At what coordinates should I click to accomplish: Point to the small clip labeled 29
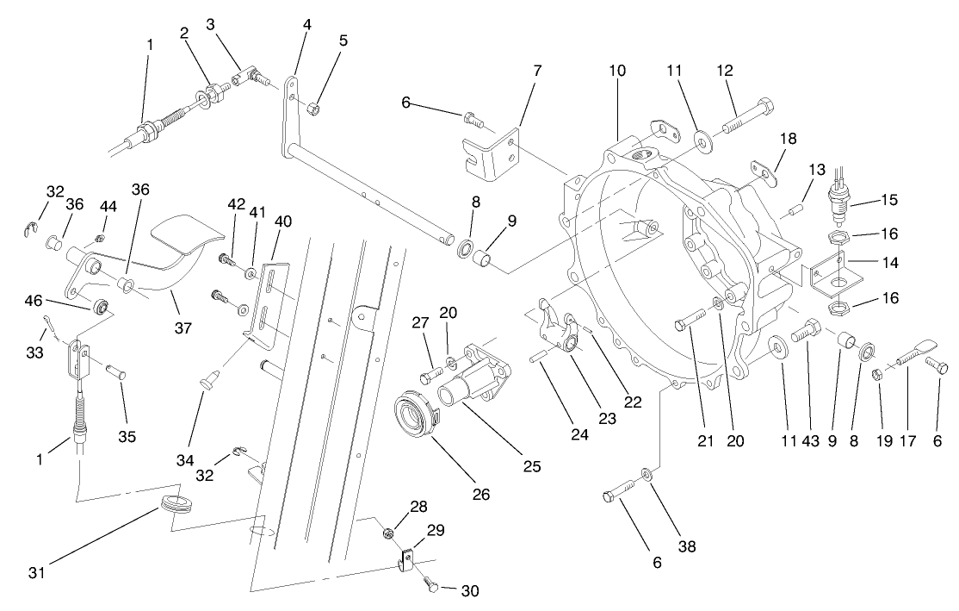tap(405, 560)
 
